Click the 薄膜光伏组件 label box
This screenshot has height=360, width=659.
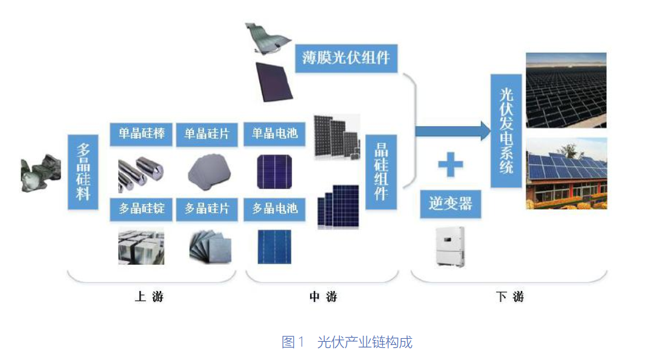tap(346, 58)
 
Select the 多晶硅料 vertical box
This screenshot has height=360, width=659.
tap(83, 172)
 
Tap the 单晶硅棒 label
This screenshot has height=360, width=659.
tap(141, 134)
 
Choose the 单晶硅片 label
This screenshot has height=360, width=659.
tap(207, 135)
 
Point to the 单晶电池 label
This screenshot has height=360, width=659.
tap(274, 134)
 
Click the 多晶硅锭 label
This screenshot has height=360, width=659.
tap(141, 209)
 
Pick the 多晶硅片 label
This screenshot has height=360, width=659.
tap(207, 209)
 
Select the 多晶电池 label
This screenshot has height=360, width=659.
tap(274, 209)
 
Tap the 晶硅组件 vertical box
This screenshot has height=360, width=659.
tap(381, 172)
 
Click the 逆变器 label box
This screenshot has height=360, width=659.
tap(451, 204)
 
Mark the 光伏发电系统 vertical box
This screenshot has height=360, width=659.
tap(506, 131)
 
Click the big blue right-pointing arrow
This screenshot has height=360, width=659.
tap(452, 131)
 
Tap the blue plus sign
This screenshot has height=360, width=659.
tap(451, 164)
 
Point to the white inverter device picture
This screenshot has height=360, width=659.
tap(450, 247)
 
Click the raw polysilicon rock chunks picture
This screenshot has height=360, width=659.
tap(41, 173)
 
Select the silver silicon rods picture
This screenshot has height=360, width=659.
tap(141, 173)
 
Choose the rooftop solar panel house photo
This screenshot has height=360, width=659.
tap(566, 173)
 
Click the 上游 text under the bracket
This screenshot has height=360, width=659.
tap(149, 297)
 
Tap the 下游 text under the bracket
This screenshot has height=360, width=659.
tap(509, 297)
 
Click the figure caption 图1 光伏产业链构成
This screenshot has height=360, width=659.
tap(347, 342)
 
